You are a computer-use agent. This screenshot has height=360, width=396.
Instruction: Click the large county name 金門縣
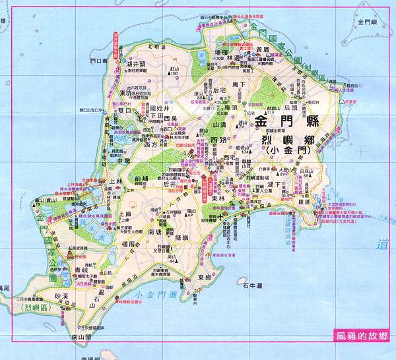click(289, 121)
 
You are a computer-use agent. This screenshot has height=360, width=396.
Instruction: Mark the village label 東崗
click(205, 278)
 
